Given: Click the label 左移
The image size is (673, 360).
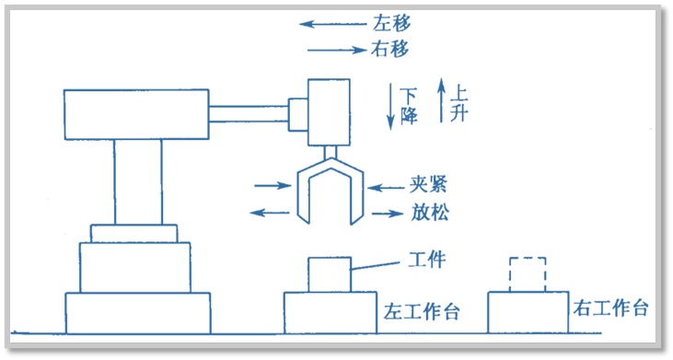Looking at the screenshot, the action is (x=391, y=23).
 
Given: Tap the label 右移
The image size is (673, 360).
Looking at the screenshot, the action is (x=389, y=49).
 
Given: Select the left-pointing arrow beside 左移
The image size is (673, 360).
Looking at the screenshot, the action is (x=332, y=24).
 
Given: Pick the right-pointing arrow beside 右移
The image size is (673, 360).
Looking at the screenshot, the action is (x=337, y=51).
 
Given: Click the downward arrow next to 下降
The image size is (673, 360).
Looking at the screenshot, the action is (x=390, y=107).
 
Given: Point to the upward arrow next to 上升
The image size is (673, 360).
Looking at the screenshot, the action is (x=441, y=100).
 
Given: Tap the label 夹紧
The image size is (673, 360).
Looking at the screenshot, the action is (x=428, y=185).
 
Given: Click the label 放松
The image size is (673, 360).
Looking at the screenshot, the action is (x=430, y=212).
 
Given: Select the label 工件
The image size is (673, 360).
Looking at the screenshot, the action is (x=427, y=259).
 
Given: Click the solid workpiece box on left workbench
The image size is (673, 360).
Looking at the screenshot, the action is (x=330, y=274).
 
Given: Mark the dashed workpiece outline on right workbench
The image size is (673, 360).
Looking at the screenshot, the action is (x=528, y=274).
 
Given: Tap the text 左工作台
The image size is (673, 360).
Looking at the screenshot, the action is (x=422, y=312).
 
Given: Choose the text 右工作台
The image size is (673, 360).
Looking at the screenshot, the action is (x=610, y=308).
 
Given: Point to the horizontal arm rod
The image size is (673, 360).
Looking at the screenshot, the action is (x=248, y=114).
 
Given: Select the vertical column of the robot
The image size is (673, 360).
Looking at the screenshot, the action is (x=138, y=182).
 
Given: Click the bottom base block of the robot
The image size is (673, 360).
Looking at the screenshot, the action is (x=138, y=313).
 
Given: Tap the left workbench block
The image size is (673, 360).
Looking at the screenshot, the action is (x=331, y=313).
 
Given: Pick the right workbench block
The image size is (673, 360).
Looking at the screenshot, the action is (x=528, y=312).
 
